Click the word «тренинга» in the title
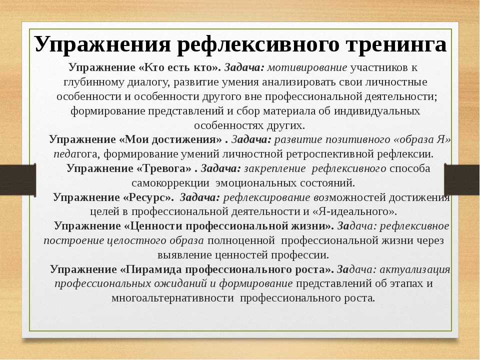click(395, 44)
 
